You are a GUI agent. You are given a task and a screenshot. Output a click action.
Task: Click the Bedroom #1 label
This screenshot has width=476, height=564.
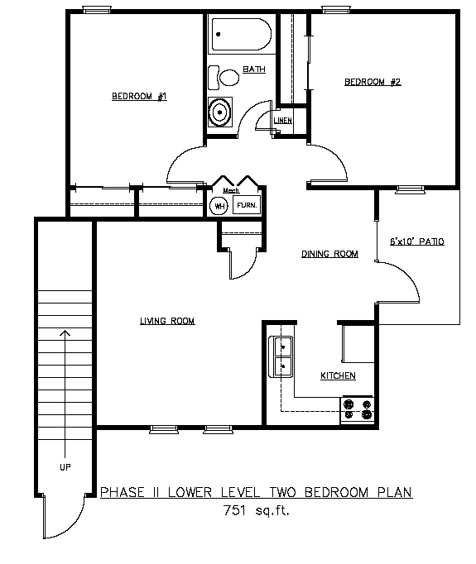pos(139,97)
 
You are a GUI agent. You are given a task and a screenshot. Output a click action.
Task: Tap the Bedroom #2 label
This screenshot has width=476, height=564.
pos(373,82)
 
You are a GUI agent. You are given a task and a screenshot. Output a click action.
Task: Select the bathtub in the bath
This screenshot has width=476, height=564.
pos(242,34)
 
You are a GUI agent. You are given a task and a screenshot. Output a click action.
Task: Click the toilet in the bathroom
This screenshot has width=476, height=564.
pos(224,78)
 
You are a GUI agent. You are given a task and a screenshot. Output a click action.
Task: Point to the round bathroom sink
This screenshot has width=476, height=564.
pos(220,112)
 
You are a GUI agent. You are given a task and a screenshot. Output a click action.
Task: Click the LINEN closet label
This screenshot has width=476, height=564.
pos(282,121)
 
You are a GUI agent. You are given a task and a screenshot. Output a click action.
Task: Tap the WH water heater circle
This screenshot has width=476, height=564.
pos(219,206)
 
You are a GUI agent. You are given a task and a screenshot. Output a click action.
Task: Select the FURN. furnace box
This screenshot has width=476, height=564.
pos(247,205)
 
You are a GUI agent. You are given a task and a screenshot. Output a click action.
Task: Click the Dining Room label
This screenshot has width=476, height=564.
pos(329,254)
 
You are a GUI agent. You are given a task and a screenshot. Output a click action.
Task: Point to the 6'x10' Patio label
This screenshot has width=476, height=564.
pos(417,241)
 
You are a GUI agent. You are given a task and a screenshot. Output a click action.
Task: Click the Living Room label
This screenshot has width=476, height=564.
pos(167,321)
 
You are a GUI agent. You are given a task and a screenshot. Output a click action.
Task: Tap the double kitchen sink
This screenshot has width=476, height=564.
pos(281,356)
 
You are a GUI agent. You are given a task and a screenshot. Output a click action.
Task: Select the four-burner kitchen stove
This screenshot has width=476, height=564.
pos(358,409)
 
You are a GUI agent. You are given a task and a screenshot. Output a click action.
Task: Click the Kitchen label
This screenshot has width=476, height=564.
pos(338,375)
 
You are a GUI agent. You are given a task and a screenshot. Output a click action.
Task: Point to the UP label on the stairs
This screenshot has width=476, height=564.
pos(65,467)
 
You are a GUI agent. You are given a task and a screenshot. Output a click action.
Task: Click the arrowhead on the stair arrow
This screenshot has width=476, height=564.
pos(65,332)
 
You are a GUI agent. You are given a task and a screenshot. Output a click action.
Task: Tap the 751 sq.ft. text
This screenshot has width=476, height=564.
pos(257,510)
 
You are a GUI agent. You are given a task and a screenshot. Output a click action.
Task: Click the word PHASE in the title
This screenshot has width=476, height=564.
pos(123,492)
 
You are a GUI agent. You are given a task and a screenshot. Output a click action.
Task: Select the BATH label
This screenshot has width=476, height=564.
pos(254,69)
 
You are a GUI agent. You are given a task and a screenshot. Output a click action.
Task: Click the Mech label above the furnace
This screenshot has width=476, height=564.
pos(231,190)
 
